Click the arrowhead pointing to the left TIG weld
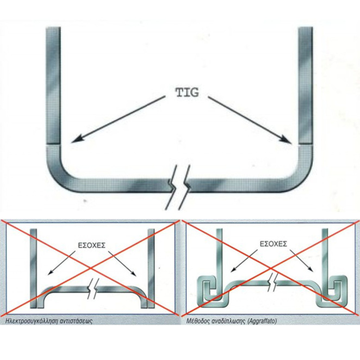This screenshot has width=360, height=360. (x=76, y=140)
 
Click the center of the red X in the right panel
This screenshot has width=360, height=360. (x=270, y=267)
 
